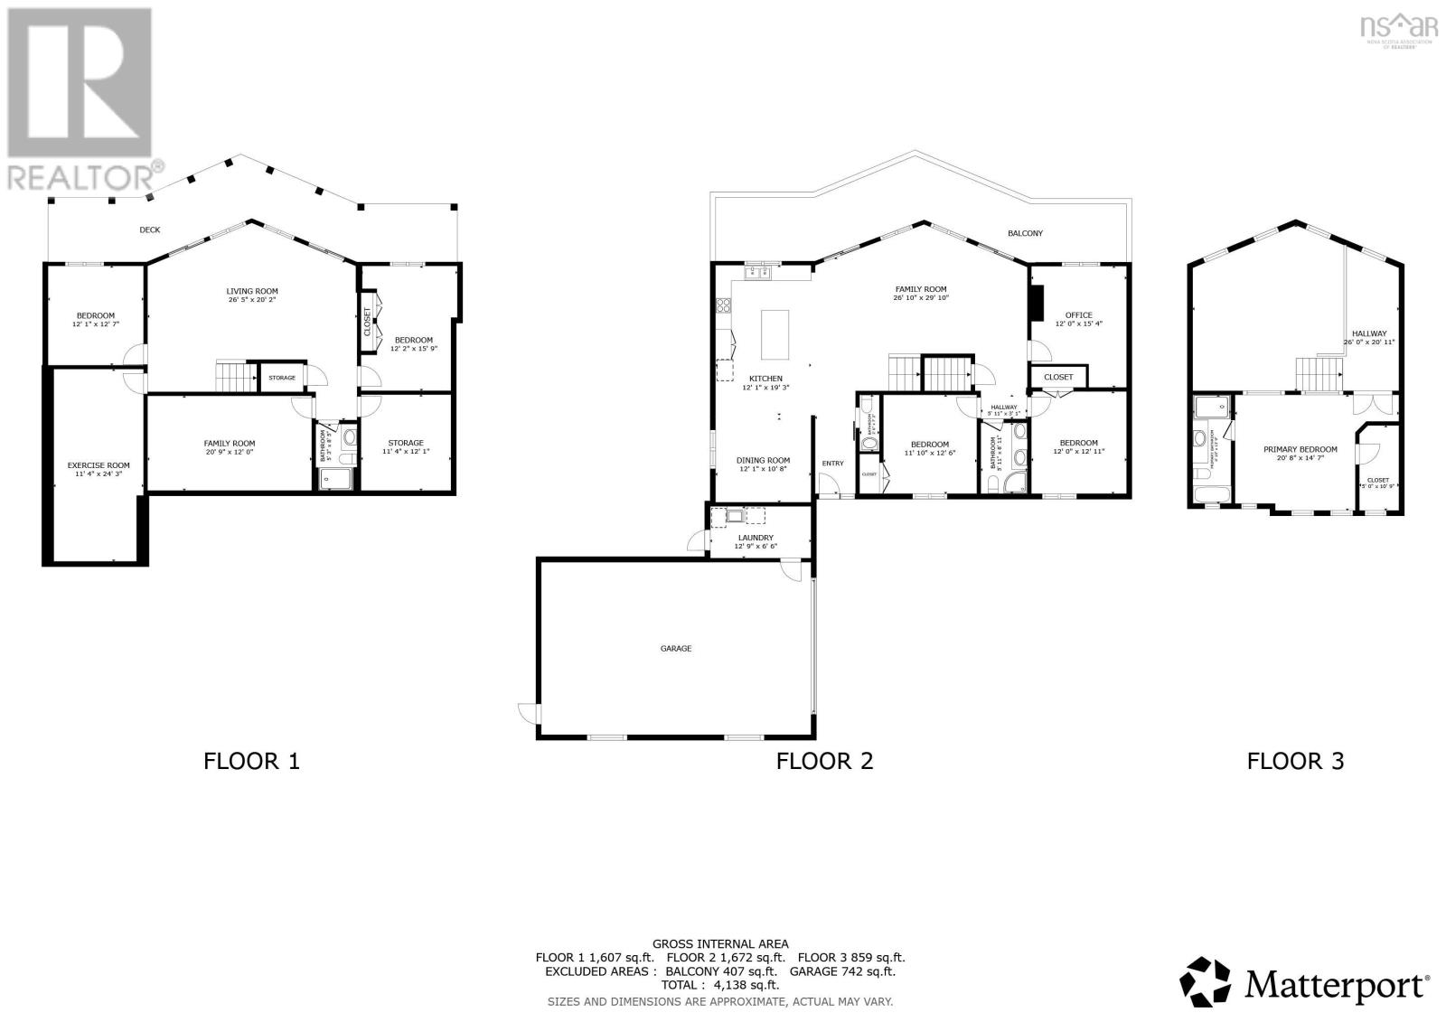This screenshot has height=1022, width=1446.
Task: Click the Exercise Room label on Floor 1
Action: click(99, 465)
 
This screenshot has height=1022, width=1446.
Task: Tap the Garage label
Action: click(676, 648)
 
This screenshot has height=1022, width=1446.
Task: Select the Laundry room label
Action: click(756, 538)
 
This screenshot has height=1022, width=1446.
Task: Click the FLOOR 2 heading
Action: click(824, 761)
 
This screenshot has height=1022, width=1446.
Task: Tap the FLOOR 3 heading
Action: click(1295, 761)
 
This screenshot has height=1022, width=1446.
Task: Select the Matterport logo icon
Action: click(1206, 981)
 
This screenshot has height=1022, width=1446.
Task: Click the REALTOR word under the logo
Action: click(79, 175)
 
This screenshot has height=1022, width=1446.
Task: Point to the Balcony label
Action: click(1025, 233)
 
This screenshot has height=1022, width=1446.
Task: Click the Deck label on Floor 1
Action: click(150, 230)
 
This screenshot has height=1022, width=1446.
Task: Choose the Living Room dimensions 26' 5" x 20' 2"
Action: click(252, 300)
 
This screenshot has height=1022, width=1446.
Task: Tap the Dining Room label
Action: click(764, 460)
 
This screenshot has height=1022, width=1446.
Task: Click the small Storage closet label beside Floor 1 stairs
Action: click(282, 378)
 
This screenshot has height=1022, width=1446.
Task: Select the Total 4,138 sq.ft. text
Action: click(720, 986)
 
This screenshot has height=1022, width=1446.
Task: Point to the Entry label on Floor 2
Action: click(832, 464)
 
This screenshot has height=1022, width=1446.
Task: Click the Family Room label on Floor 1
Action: click(230, 443)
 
